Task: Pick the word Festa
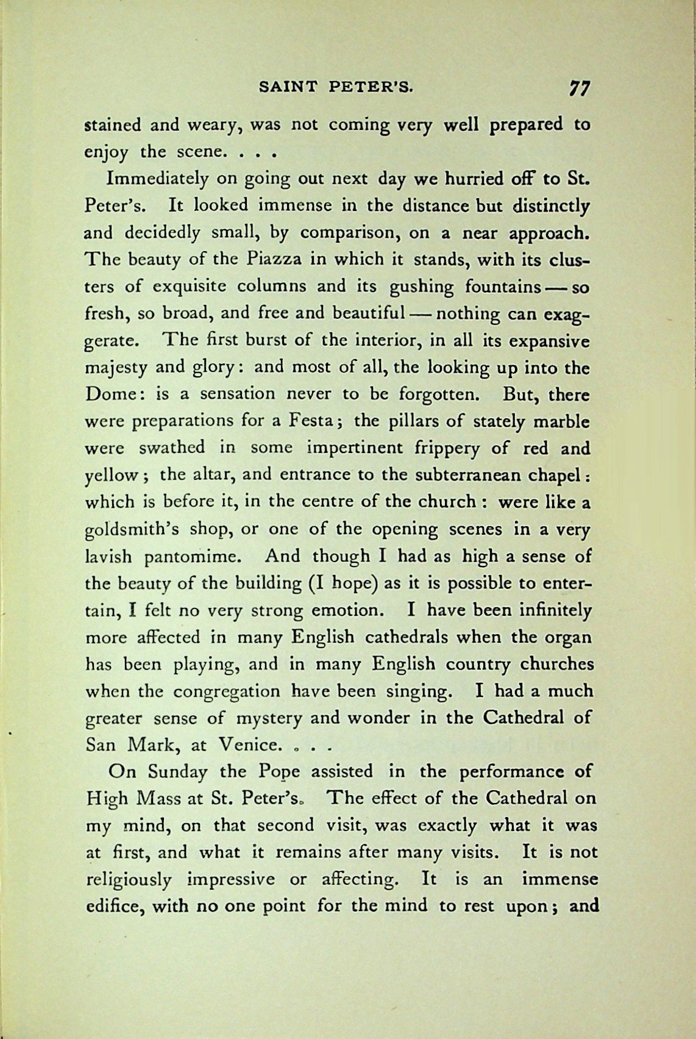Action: (x=308, y=421)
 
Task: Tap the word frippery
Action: (x=442, y=448)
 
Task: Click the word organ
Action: (x=569, y=638)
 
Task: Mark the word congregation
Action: (x=227, y=691)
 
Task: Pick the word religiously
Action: (x=127, y=880)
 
